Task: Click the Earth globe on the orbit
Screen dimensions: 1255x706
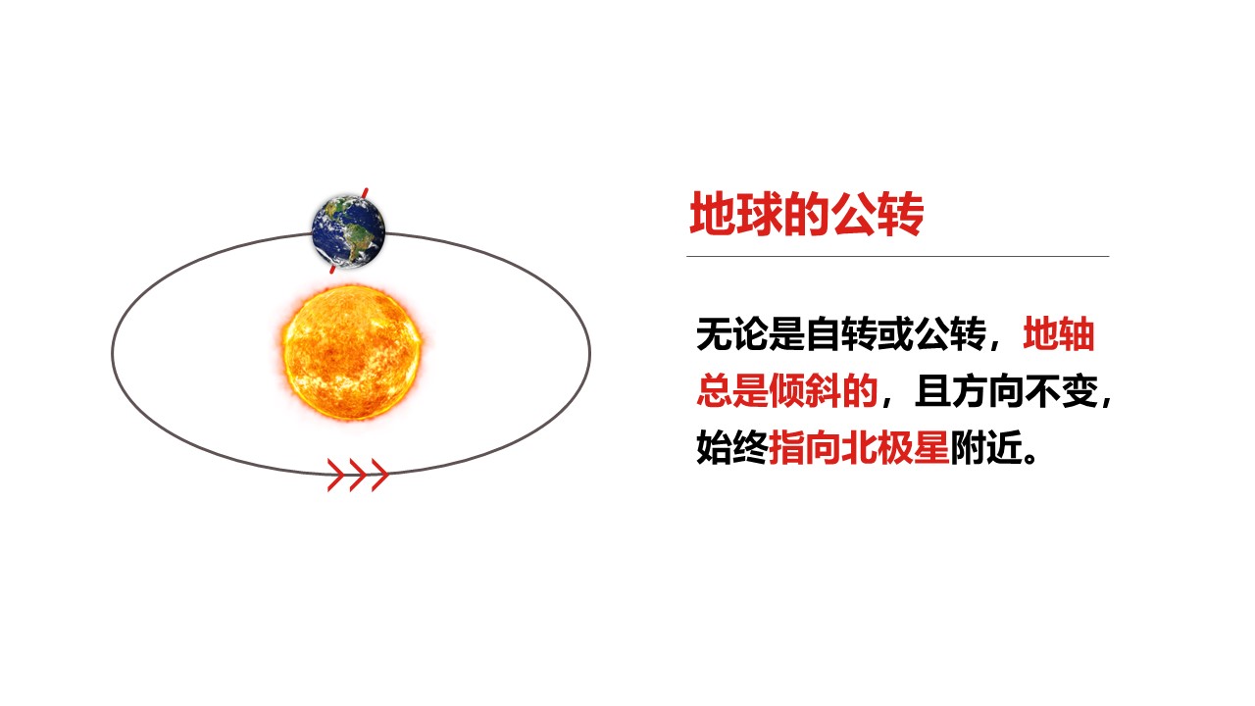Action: click(348, 231)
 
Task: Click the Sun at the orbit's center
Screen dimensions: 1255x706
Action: click(352, 352)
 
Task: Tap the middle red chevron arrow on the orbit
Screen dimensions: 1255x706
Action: click(358, 476)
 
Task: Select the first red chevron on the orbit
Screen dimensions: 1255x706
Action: click(336, 476)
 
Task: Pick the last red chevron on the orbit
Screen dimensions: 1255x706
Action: click(379, 476)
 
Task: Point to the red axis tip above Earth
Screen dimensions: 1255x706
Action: click(367, 188)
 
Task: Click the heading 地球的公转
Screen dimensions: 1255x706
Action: click(807, 214)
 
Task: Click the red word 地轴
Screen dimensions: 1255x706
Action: click(1059, 334)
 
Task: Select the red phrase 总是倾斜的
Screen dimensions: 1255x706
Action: click(787, 390)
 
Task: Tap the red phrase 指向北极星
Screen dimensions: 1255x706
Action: click(859, 447)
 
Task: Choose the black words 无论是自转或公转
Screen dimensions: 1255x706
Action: click(841, 334)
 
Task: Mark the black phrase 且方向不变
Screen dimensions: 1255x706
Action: click(1006, 390)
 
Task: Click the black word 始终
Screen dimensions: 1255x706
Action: click(732, 447)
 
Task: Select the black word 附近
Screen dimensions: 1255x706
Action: click(986, 447)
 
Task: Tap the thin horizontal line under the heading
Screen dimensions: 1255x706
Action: click(898, 256)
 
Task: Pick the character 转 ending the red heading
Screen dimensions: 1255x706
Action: click(901, 214)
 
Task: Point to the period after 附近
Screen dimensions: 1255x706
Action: click(1029, 457)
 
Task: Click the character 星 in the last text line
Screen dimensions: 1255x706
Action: click(931, 447)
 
